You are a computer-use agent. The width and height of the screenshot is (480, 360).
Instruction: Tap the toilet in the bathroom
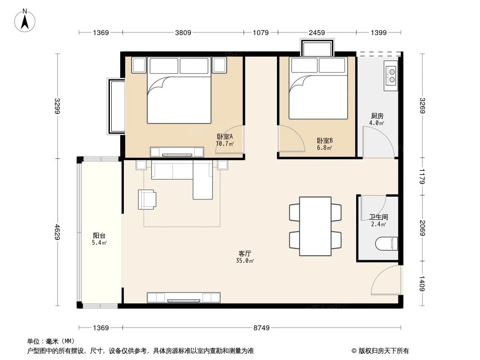pos(386,243)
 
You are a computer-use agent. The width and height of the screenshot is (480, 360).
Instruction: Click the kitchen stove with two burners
pos(391,75)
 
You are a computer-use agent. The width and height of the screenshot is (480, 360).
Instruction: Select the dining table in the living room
pos(315,226)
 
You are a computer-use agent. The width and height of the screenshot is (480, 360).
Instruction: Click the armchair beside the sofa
pos(147,199)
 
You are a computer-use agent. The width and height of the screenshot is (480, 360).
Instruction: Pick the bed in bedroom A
pos(179,92)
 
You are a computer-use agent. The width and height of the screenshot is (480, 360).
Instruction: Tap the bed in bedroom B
pos(318,90)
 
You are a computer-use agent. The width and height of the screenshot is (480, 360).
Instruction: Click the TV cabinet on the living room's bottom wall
pos(184,297)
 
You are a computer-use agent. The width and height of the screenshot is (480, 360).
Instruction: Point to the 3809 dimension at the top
pos(183,32)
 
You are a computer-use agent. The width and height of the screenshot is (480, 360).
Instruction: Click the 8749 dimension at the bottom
pos(261,328)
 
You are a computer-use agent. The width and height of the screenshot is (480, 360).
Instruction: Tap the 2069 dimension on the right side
pos(422,228)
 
